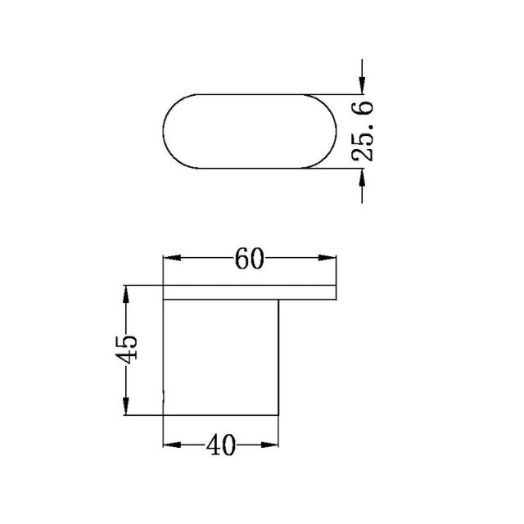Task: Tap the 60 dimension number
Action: click(250, 259)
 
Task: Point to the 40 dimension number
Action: click(221, 446)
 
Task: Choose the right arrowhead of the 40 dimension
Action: click(274, 446)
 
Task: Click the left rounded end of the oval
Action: click(167, 131)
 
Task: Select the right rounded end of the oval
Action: click(330, 131)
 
